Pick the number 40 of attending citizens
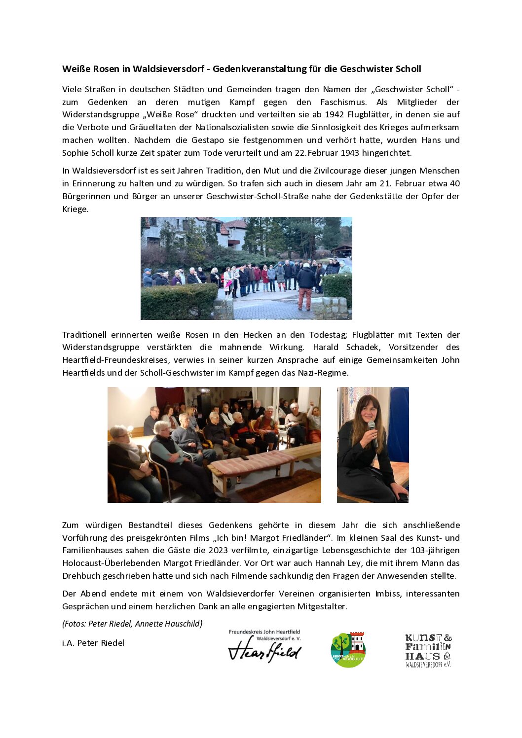[x=454, y=184]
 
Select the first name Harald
[x=326, y=348]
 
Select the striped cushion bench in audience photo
[x=252, y=463]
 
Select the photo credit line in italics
[x=132, y=624]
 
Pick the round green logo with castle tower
[x=348, y=650]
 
